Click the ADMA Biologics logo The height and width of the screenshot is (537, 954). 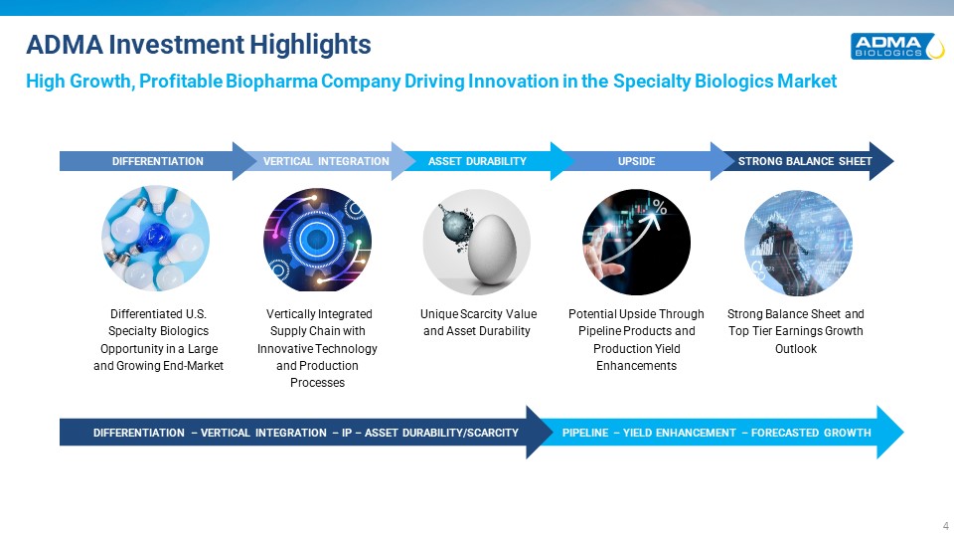[x=897, y=47]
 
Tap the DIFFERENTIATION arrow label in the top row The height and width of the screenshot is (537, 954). [x=158, y=161]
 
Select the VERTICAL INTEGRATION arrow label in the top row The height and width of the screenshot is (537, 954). [x=326, y=161]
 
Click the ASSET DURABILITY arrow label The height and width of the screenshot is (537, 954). [x=477, y=161]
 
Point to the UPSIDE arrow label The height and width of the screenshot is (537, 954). [x=636, y=161]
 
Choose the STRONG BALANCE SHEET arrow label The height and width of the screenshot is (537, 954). [x=805, y=161]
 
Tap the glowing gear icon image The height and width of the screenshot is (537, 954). [x=317, y=240]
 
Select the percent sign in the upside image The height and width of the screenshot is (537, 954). [x=660, y=208]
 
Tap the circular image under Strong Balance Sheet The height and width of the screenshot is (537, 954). [x=798, y=243]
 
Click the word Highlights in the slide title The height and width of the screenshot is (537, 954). [x=310, y=45]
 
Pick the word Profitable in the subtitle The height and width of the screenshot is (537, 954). [x=181, y=82]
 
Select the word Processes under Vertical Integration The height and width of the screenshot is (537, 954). [x=317, y=383]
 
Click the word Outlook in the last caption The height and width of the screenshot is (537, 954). [x=796, y=349]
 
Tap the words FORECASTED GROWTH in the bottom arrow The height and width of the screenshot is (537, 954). [x=811, y=433]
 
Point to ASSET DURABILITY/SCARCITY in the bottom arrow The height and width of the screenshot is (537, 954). [x=441, y=433]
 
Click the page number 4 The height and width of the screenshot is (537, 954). [x=945, y=525]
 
